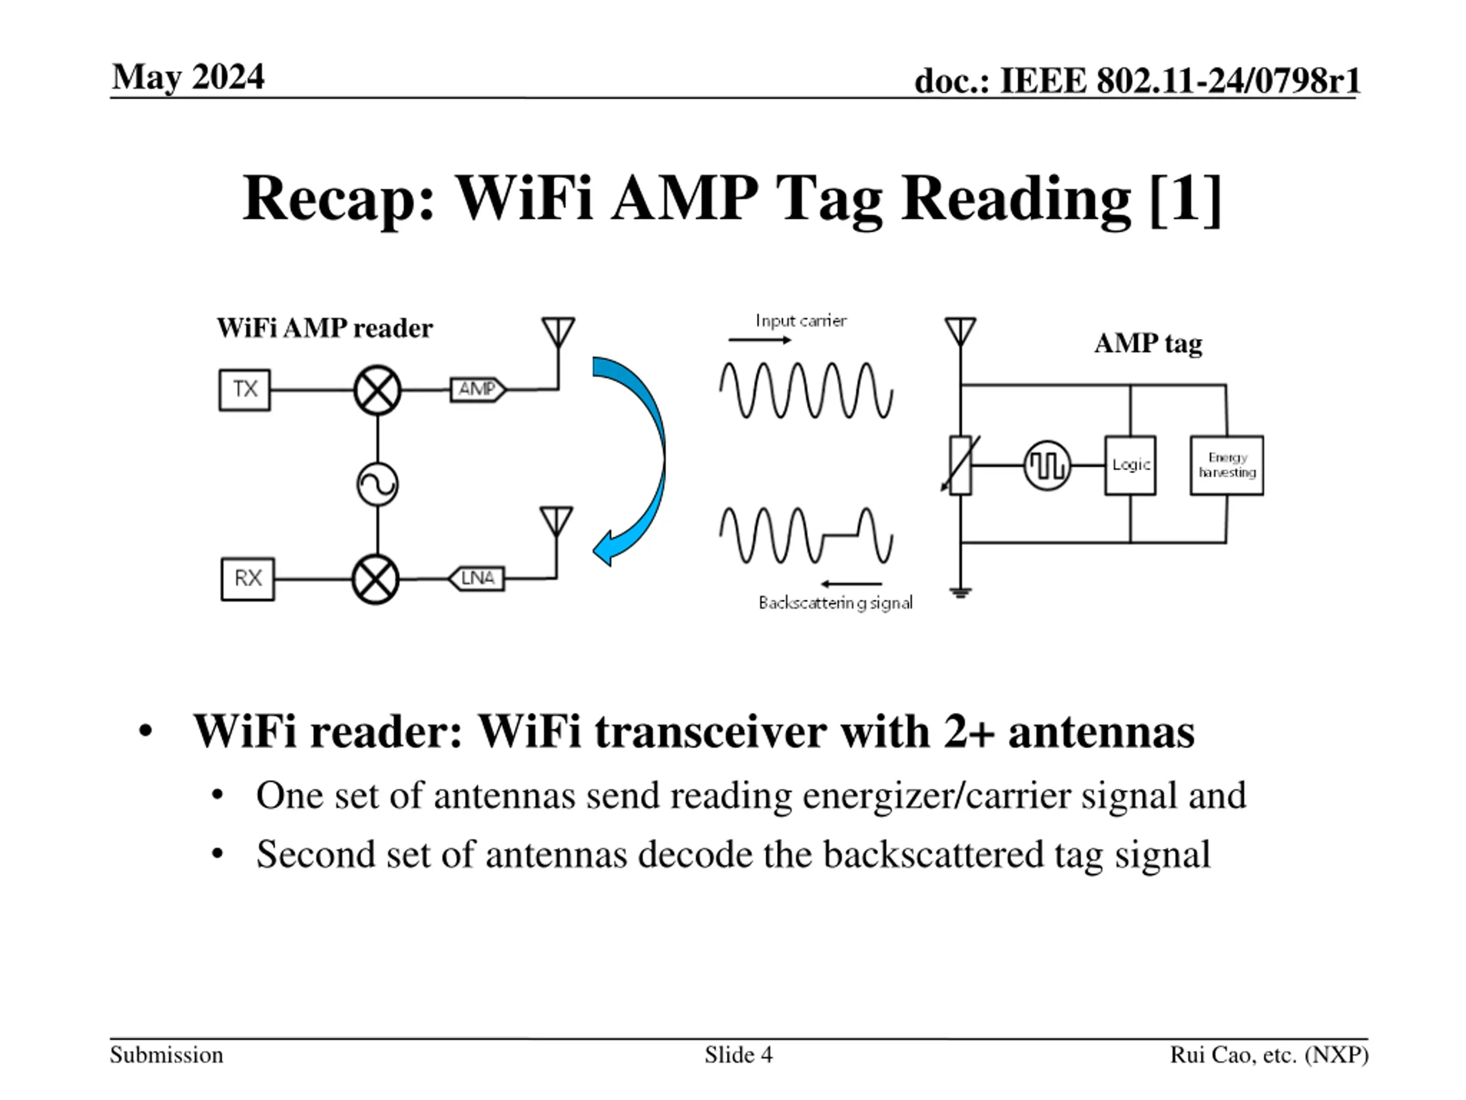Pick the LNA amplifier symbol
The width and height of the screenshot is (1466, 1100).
point(476,578)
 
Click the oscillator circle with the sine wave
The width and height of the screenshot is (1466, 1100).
point(377,485)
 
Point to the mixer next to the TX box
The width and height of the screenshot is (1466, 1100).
point(377,390)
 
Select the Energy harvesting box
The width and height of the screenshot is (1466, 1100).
point(1227,465)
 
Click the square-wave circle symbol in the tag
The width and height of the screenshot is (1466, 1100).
point(1047,465)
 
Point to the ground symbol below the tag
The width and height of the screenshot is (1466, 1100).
point(960,592)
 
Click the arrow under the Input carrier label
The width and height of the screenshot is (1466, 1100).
point(759,340)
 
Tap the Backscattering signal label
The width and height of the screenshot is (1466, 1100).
point(836,603)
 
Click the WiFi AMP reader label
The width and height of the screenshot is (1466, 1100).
point(325,328)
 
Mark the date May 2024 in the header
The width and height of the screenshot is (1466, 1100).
point(188,77)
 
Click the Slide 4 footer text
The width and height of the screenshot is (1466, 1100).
point(738,1054)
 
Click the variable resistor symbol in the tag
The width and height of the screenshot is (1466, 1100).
point(960,465)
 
